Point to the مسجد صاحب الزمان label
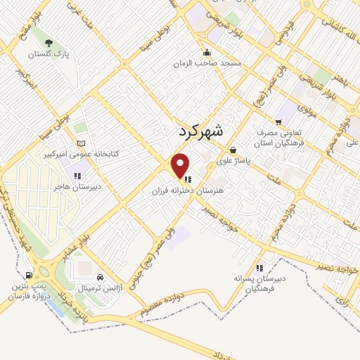pyautogui.click(x=208, y=63)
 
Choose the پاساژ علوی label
pyautogui.click(x=233, y=160)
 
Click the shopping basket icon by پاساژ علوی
pyautogui.click(x=233, y=150)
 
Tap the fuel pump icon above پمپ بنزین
pyautogui.click(x=28, y=275)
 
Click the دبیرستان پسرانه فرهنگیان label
pyautogui.click(x=259, y=283)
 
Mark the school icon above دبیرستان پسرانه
pyautogui.click(x=259, y=267)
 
